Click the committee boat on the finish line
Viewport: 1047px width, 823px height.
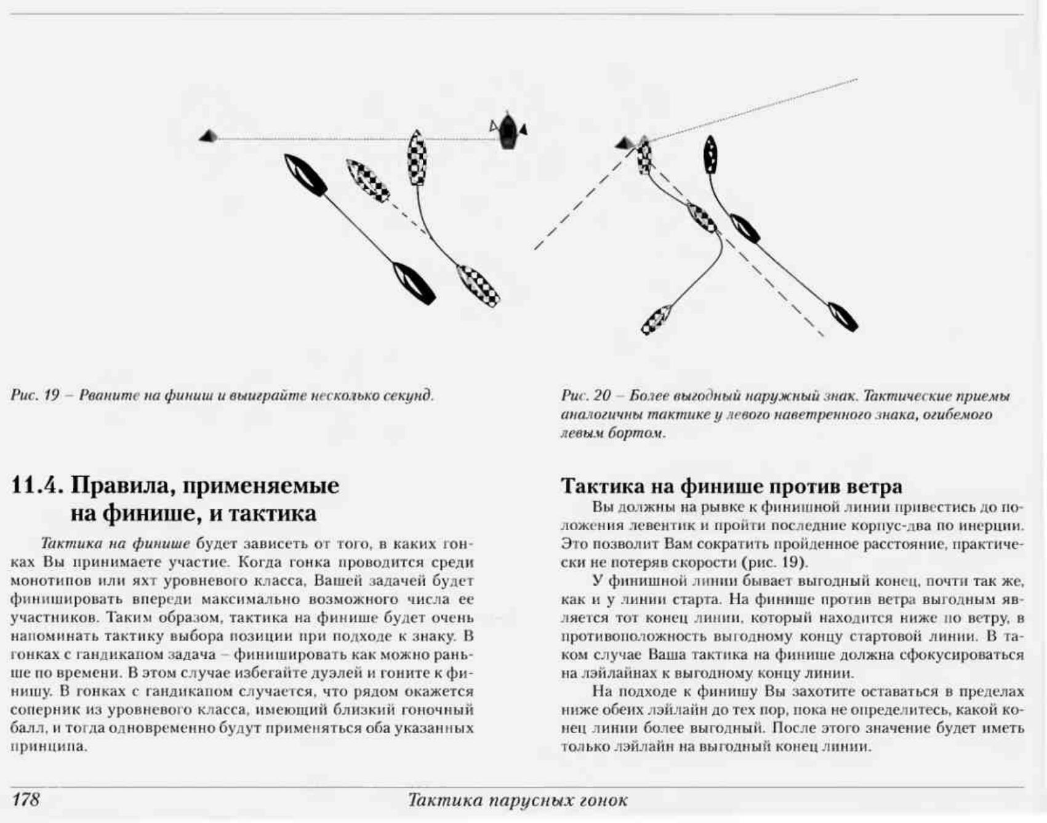pyautogui.click(x=507, y=130)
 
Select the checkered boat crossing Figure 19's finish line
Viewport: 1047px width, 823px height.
pyautogui.click(x=417, y=157)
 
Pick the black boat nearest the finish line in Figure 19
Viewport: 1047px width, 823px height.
pyautogui.click(x=306, y=175)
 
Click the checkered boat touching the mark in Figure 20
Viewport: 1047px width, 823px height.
pyautogui.click(x=644, y=156)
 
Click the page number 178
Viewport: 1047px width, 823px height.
pyautogui.click(x=25, y=799)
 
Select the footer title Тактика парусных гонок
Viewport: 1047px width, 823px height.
pyautogui.click(x=518, y=800)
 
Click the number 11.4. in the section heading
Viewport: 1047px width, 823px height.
pyautogui.click(x=37, y=486)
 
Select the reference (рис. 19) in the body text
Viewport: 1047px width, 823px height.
pyautogui.click(x=774, y=562)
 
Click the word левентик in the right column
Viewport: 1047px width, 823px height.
pyautogui.click(x=656, y=526)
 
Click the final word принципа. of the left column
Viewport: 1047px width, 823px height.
pyautogui.click(x=48, y=747)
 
